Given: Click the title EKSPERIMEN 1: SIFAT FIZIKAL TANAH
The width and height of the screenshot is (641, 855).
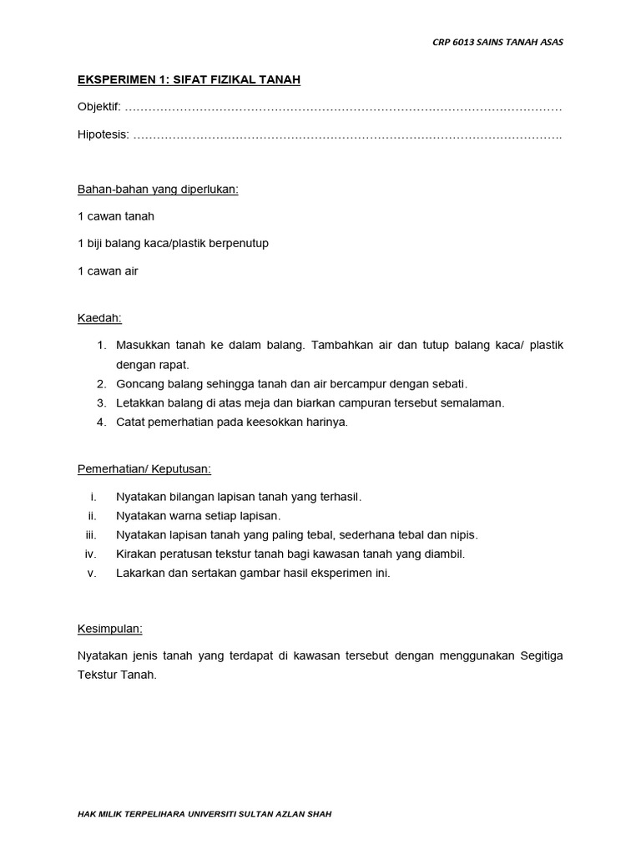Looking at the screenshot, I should (189, 80).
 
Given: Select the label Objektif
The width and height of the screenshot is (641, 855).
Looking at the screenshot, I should (98, 108).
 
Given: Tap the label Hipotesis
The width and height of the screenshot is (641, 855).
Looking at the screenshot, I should (103, 135).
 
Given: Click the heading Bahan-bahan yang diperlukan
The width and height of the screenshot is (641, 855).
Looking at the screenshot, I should (158, 189).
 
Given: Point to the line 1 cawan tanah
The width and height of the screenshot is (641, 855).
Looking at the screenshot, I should (115, 216).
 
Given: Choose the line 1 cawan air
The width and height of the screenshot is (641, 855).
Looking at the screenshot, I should (108, 271).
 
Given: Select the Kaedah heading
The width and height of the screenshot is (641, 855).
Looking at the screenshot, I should (99, 318).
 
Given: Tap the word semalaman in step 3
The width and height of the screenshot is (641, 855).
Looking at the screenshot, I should (476, 403).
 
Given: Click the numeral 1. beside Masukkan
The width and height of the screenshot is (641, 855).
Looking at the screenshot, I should (102, 346).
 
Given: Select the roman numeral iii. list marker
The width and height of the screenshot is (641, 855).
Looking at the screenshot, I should (92, 535).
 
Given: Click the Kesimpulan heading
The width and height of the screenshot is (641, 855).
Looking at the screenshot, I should (109, 628).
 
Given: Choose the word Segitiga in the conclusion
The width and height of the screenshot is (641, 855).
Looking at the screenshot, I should (541, 656).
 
